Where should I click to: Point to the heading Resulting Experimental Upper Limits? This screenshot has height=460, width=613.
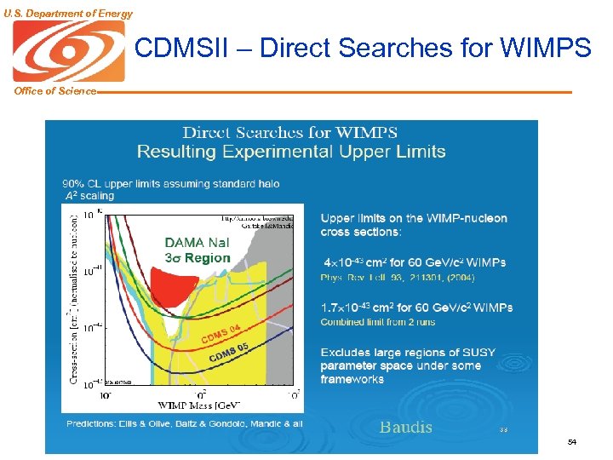pyautogui.click(x=291, y=152)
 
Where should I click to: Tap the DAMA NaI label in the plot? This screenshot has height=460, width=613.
pyautogui.click(x=196, y=243)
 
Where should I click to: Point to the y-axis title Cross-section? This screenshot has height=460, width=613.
pyautogui.click(x=75, y=298)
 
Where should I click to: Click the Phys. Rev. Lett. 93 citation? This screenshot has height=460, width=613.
pyautogui.click(x=397, y=278)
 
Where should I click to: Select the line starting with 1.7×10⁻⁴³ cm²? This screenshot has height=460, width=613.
pyautogui.click(x=415, y=308)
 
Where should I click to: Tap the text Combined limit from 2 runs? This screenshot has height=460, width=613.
pyautogui.click(x=377, y=322)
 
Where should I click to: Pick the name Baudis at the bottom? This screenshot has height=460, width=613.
pyautogui.click(x=405, y=427)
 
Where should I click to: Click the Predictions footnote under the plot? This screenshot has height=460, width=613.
pyautogui.click(x=184, y=423)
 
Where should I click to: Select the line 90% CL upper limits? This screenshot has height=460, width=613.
pyautogui.click(x=170, y=183)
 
